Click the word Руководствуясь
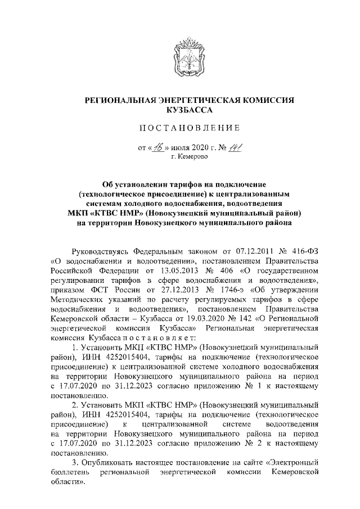click(102, 249)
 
